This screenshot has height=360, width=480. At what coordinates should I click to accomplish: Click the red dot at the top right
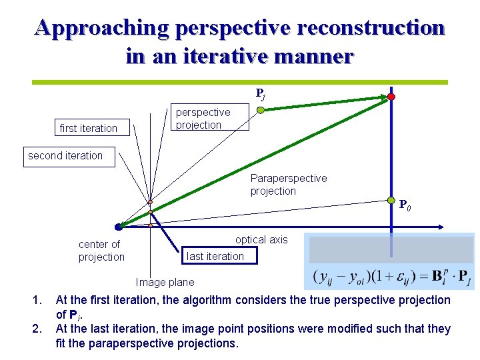click(391, 97)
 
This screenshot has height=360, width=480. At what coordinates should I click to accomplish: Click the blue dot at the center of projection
click(118, 227)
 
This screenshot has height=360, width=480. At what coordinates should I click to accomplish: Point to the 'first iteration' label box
click(89, 128)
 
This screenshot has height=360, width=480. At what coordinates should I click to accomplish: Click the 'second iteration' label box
click(65, 156)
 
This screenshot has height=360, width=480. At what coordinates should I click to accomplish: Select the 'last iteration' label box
click(215, 256)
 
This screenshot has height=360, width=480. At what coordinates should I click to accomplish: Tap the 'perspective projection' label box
click(207, 119)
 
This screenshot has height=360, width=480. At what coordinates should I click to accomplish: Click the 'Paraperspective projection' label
click(289, 185)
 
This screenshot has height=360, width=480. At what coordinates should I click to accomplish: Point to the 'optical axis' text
click(261, 240)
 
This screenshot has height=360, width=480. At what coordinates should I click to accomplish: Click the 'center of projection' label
click(101, 251)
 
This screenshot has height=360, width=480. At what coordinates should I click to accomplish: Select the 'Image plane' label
click(165, 283)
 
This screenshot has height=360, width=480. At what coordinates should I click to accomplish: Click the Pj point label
click(261, 94)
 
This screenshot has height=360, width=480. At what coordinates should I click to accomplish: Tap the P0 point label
click(405, 206)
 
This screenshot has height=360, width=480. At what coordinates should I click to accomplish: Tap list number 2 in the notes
click(37, 329)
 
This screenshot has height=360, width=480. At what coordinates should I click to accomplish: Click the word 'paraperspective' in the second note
click(120, 343)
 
